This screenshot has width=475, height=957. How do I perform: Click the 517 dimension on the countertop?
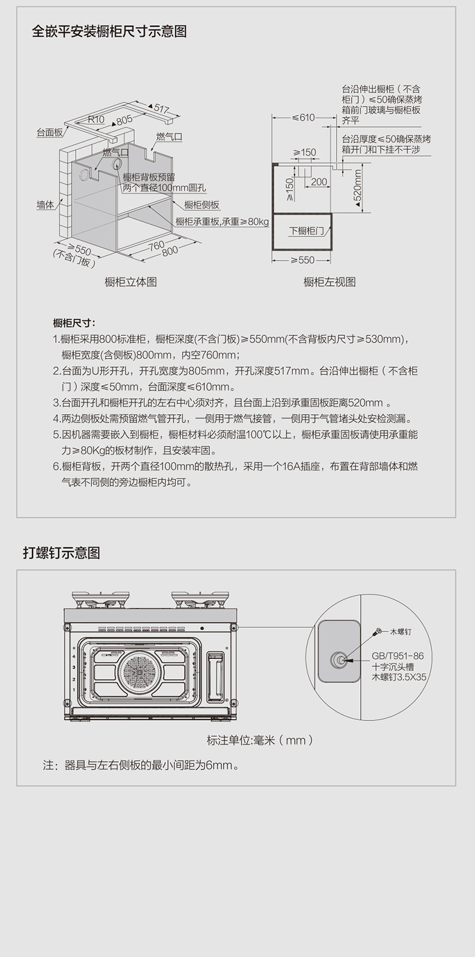point(162,108)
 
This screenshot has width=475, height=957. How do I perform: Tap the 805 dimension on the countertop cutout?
point(124,120)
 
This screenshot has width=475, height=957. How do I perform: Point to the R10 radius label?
point(96,119)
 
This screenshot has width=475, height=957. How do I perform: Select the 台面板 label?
point(49,132)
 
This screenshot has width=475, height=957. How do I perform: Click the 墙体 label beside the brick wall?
point(45,205)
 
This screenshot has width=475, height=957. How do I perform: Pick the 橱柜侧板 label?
point(202,205)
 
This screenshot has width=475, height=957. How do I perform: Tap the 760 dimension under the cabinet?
point(156,246)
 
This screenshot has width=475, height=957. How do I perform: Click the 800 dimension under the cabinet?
point(170,251)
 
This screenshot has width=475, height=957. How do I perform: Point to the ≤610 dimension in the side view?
point(304,117)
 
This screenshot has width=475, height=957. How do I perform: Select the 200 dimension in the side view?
point(319,182)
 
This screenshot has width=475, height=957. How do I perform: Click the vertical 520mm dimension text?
point(358,185)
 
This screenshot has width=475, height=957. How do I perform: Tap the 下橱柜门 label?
point(307,231)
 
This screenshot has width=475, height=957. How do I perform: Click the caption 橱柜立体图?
point(131,282)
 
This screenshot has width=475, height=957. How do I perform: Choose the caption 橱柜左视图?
point(329,282)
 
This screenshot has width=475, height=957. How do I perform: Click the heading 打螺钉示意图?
point(61,553)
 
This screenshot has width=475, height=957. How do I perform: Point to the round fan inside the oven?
point(141,672)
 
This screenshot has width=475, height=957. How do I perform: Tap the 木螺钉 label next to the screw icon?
point(400,631)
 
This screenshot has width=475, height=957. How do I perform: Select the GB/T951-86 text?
point(398,656)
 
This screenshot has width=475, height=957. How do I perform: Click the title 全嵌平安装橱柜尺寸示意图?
point(109,31)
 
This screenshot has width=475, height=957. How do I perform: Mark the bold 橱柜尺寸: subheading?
point(75,323)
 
